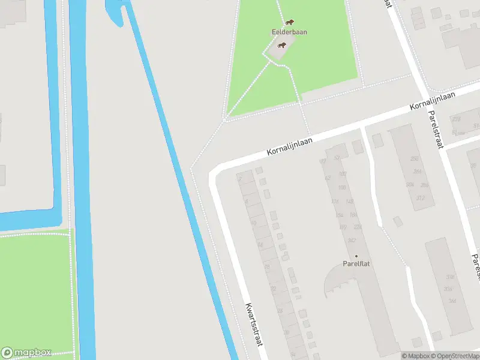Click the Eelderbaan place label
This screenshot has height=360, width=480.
point(289,32)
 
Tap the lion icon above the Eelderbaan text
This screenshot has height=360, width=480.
point(289,22)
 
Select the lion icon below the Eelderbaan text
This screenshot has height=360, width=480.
point(281,44)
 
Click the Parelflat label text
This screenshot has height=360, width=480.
point(355,263)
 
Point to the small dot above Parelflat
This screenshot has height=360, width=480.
point(355,256)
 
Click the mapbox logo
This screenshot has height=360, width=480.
point(26,353)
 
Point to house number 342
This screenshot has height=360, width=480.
point(352,240)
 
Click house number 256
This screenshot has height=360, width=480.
point(414,159)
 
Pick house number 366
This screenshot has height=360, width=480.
point(452,301)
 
